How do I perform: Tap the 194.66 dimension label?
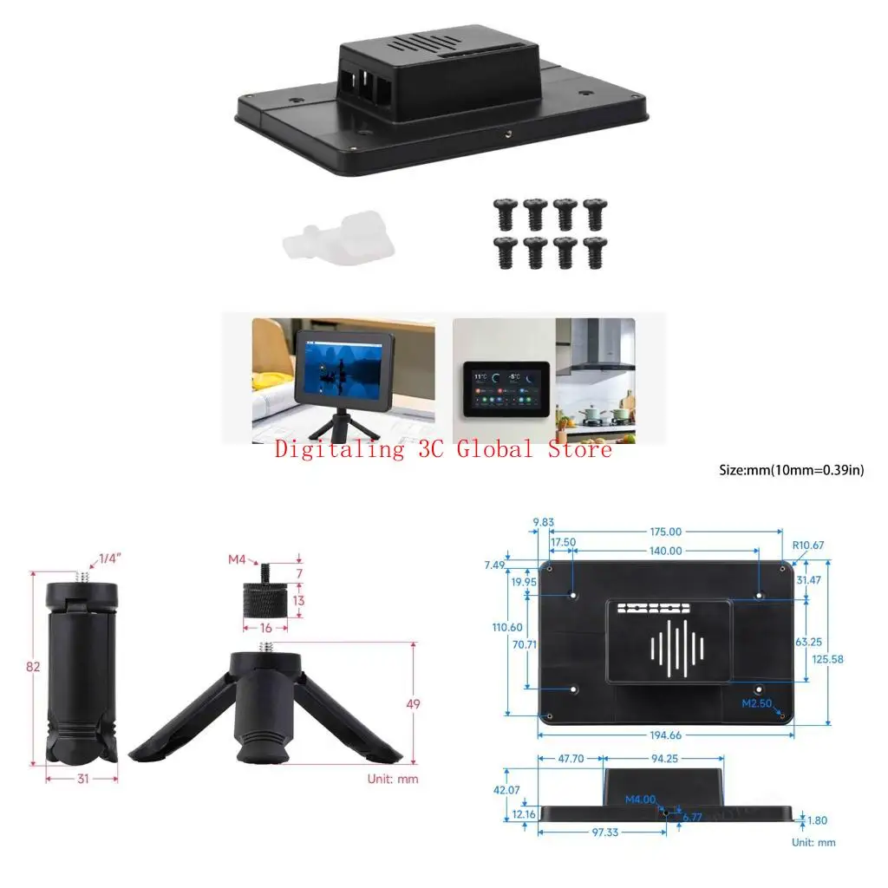click(x=664, y=735)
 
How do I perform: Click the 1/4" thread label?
click(x=110, y=558)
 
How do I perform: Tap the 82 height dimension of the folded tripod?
click(x=34, y=667)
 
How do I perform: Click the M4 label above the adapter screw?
click(x=238, y=559)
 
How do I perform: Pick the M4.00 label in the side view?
click(x=641, y=799)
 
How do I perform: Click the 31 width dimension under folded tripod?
click(x=82, y=779)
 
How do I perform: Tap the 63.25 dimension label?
click(x=826, y=642)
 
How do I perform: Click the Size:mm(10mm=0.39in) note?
click(x=792, y=470)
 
